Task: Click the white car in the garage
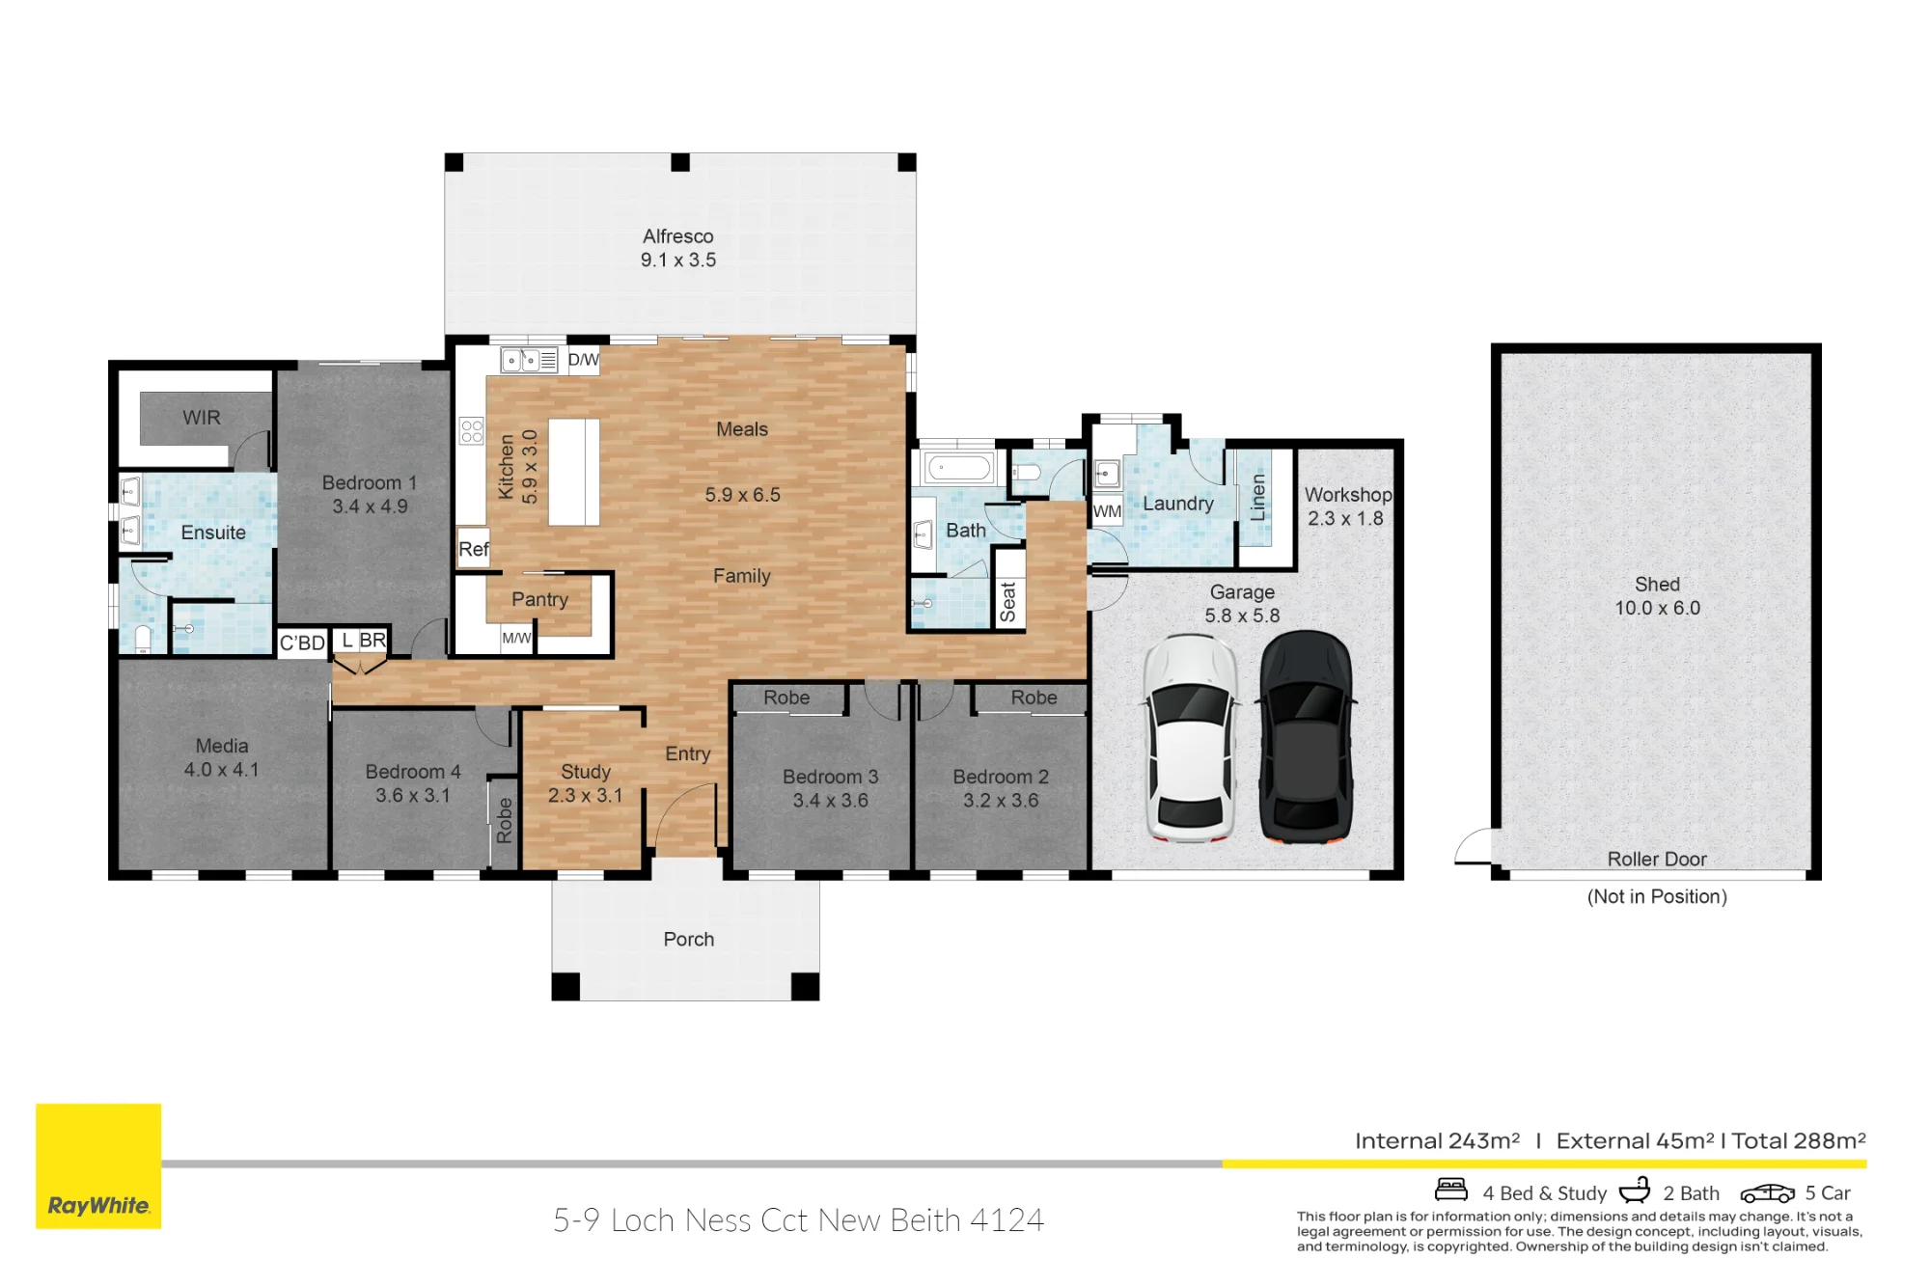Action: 1191,739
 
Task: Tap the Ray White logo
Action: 98,1165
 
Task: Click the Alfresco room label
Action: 678,236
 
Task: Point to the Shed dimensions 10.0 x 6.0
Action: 1657,608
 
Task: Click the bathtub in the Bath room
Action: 958,469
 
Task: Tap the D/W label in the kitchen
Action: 583,360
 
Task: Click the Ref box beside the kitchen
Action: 473,548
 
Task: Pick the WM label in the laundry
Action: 1107,511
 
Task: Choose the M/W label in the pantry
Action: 516,638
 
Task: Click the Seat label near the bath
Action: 1007,602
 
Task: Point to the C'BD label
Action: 302,643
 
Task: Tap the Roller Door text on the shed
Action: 1657,859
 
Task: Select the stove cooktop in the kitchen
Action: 471,430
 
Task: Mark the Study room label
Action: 586,772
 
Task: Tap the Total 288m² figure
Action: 1799,1140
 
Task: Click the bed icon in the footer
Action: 1451,1190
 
